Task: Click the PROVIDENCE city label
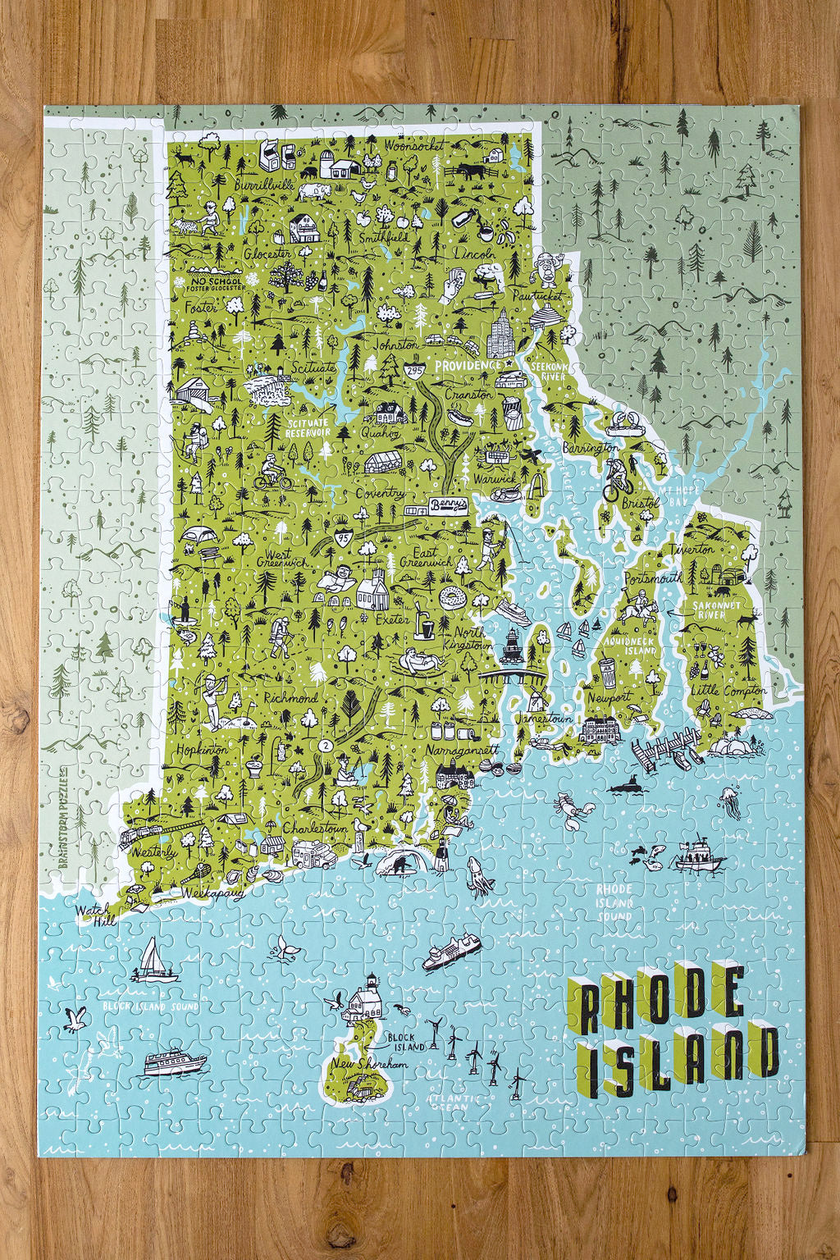point(468,365)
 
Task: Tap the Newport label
point(609,697)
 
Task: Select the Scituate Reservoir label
point(308,427)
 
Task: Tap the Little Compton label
point(728,692)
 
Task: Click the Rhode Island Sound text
point(614,902)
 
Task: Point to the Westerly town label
point(153,852)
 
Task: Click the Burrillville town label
point(262,186)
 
